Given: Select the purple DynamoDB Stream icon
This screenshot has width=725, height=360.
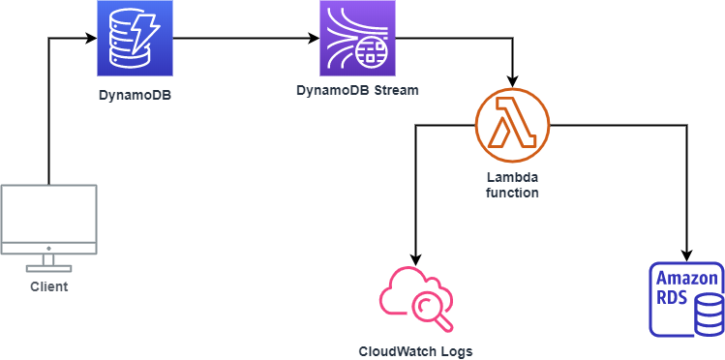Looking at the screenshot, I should click(358, 40).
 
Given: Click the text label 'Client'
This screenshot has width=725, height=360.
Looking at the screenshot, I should click(48, 287).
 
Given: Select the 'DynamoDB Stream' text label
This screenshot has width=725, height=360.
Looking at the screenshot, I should click(358, 91).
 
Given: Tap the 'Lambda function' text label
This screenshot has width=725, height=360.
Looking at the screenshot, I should click(512, 186).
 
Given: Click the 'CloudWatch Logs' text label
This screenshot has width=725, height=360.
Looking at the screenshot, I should click(416, 350).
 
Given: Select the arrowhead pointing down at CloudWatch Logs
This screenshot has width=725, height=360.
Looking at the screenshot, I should click(416, 259).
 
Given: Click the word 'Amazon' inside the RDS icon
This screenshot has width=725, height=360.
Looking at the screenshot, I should click(686, 280).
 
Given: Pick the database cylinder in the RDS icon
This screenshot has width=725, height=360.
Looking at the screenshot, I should click(709, 309).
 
